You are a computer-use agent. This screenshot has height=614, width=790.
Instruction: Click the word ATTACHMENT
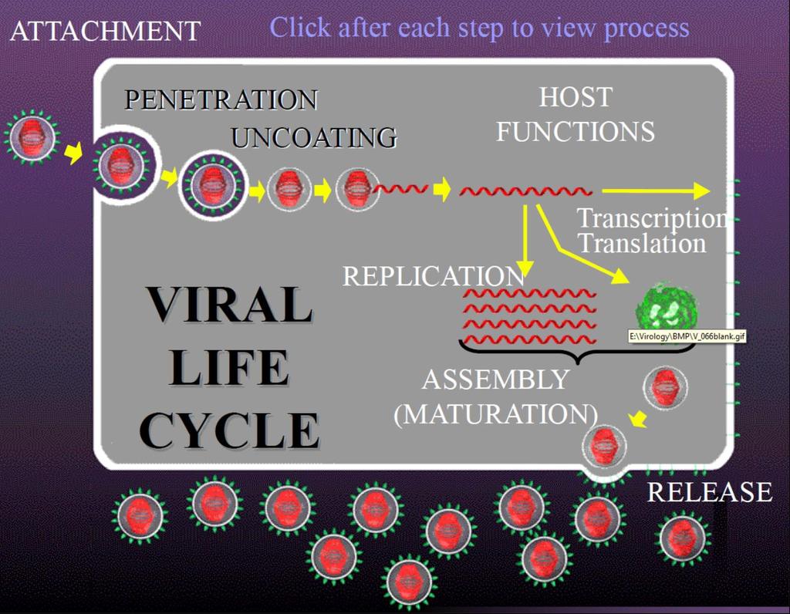tap(105, 31)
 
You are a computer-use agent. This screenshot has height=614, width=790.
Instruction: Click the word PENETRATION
tap(221, 100)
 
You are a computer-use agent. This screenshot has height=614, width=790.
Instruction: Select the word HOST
tap(576, 97)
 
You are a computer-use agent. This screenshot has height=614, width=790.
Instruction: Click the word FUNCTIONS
tap(576, 131)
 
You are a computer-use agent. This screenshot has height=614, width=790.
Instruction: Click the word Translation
tap(642, 243)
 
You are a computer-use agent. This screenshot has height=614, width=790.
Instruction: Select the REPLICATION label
tap(434, 276)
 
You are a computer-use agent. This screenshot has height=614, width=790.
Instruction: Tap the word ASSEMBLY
tap(496, 380)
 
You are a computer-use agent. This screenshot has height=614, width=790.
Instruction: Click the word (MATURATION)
tap(496, 414)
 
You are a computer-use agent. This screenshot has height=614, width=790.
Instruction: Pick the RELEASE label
tap(710, 492)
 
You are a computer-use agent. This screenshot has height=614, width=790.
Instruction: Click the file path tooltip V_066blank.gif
tap(687, 336)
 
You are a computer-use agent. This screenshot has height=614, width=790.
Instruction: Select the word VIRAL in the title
tap(230, 304)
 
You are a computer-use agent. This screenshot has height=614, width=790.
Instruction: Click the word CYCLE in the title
tap(229, 430)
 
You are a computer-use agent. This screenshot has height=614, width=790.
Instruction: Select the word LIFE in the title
tap(229, 367)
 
